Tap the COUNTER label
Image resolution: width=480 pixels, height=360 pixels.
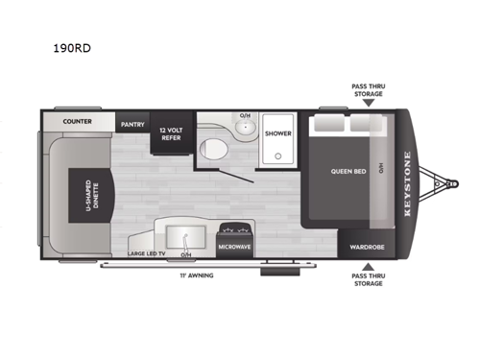tap(78, 123)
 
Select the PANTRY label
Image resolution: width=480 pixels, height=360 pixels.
tap(131, 124)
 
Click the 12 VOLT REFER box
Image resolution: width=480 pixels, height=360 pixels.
tap(170, 135)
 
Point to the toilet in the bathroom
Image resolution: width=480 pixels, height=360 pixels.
tap(213, 147)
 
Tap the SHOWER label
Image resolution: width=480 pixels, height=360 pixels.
tap(278, 133)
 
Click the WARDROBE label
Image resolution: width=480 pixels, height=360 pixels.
tap(368, 245)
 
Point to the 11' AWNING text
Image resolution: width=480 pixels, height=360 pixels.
tap(195, 276)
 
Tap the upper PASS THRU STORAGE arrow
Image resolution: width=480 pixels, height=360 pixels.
tap(368, 102)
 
